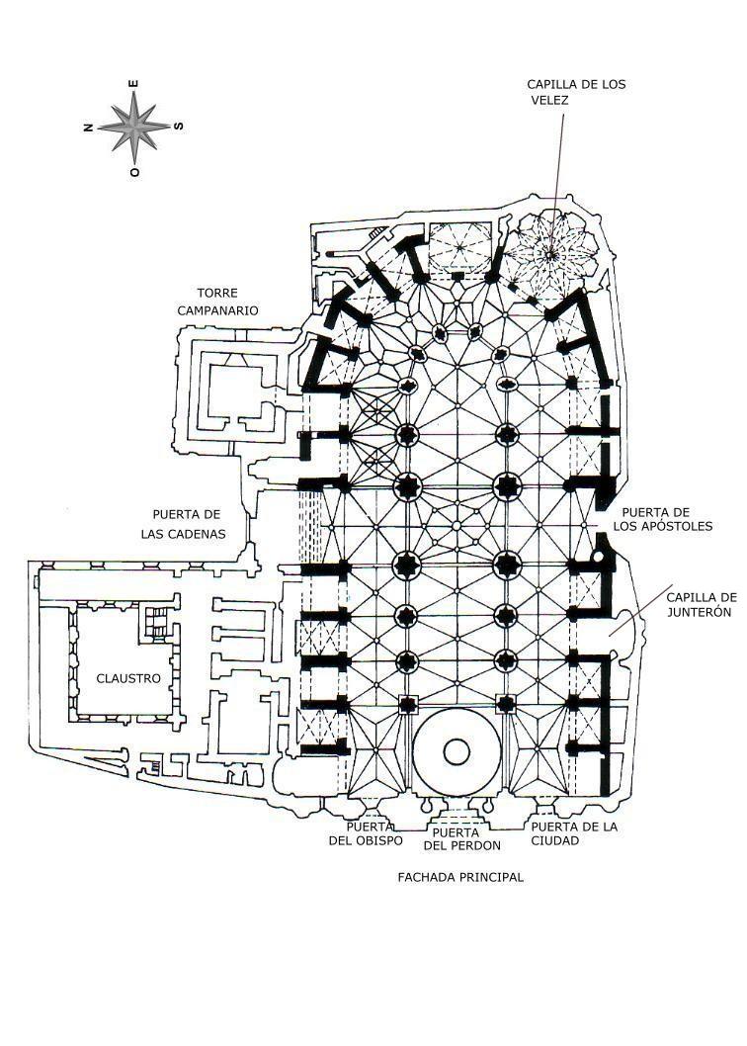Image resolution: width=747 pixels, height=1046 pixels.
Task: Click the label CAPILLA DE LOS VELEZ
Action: [x=576, y=92]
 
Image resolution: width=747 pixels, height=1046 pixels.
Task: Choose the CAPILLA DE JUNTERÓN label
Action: [x=701, y=605]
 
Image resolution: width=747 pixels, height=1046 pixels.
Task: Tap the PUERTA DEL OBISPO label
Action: [x=366, y=834]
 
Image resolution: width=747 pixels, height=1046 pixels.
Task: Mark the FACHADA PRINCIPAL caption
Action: [x=460, y=877]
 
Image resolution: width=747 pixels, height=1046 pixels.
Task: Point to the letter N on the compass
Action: [x=89, y=127]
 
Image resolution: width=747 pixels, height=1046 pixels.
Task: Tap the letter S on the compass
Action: [x=179, y=126]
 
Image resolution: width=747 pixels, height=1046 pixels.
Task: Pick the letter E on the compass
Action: [x=135, y=83]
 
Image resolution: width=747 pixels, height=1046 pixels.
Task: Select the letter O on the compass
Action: [x=134, y=171]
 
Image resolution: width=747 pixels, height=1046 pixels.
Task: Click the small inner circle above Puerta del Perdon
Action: [x=456, y=751]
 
